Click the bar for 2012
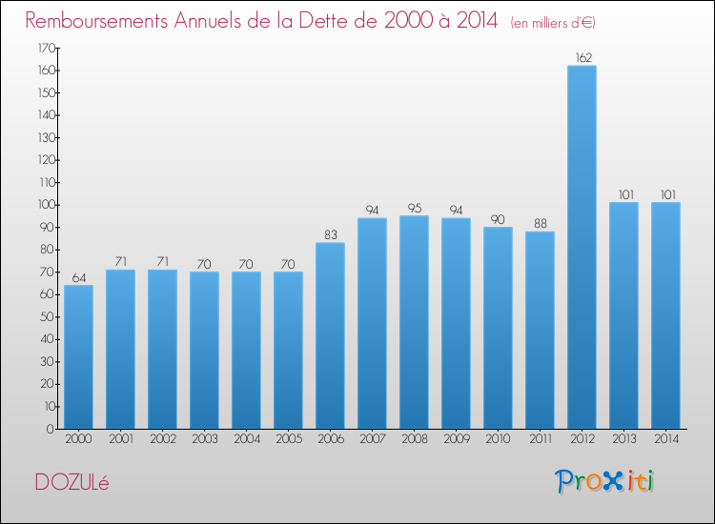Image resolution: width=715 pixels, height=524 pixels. (x=582, y=247)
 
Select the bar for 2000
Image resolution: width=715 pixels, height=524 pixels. (x=78, y=356)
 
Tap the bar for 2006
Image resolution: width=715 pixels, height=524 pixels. (x=330, y=335)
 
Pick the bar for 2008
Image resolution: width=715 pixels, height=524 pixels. (x=414, y=322)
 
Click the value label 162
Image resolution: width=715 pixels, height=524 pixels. (x=583, y=57)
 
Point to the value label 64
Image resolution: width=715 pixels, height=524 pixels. (x=79, y=277)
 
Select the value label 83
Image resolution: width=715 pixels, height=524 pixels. (x=331, y=234)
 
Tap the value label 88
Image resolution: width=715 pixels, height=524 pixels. (x=541, y=223)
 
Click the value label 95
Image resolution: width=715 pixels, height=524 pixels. (x=415, y=208)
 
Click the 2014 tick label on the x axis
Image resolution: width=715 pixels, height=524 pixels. (x=666, y=438)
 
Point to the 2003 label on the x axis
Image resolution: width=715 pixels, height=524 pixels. (x=205, y=438)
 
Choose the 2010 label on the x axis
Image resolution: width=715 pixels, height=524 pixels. (x=498, y=438)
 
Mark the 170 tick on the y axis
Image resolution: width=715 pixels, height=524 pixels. (x=46, y=48)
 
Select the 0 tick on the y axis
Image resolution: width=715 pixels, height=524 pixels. (x=51, y=429)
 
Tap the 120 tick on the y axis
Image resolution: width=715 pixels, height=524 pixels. (x=46, y=160)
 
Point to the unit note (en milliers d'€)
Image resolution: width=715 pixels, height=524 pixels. (x=553, y=22)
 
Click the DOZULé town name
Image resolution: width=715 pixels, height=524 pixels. (x=72, y=482)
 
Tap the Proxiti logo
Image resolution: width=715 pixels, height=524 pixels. (x=604, y=481)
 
